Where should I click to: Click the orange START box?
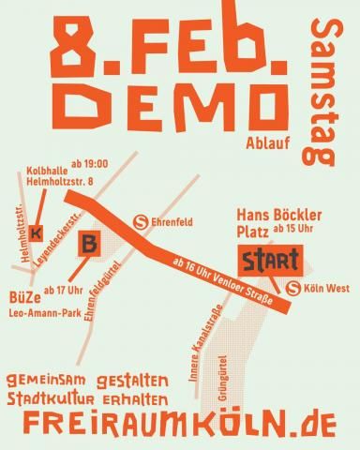[x=270, y=257]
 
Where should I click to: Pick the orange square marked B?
[x=89, y=244]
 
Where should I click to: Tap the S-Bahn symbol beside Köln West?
[x=293, y=288]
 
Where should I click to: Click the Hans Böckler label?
[x=278, y=214]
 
